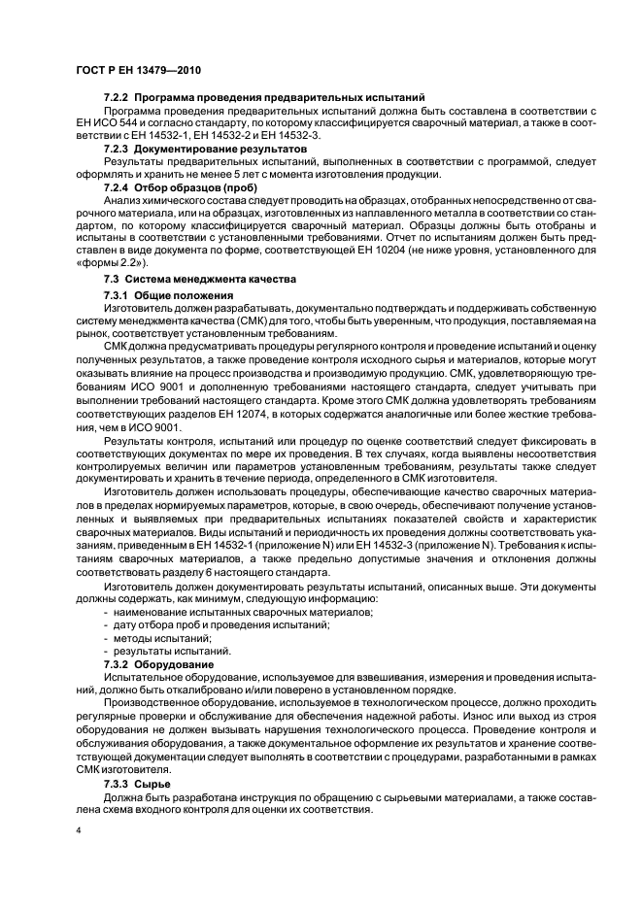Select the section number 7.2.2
coord(117,99)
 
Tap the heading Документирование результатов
coord(220,150)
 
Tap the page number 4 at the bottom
coord(77,830)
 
